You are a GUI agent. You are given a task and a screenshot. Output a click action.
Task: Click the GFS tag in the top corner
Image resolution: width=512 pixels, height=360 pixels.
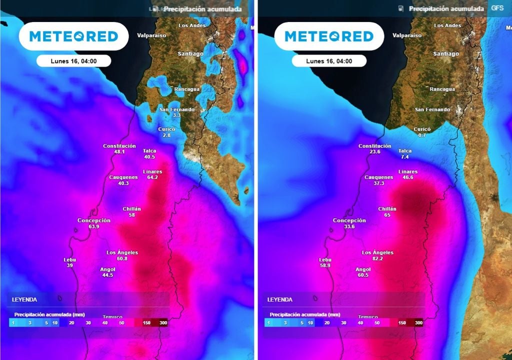click(x=497, y=8)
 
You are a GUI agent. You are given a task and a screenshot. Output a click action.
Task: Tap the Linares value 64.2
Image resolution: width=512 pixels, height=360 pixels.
click(x=152, y=177)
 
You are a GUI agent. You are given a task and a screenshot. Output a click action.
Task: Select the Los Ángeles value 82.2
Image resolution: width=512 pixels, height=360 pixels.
click(x=377, y=258)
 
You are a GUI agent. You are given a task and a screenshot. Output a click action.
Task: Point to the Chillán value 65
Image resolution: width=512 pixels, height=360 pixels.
click(x=387, y=215)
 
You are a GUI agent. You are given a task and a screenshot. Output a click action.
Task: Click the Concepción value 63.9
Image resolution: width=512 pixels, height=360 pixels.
click(x=94, y=226)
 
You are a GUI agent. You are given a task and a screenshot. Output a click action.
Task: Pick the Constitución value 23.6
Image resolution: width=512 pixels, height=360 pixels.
click(x=375, y=152)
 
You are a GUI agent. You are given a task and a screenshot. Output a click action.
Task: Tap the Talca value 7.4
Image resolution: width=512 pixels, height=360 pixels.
click(x=405, y=157)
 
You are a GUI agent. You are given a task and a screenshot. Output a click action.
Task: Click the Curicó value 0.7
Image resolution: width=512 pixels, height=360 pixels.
click(x=422, y=135)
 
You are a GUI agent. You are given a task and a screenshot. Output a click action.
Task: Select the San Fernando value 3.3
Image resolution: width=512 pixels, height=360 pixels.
click(x=176, y=115)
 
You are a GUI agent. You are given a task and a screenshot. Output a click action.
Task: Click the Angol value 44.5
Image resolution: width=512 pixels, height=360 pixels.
click(x=107, y=275)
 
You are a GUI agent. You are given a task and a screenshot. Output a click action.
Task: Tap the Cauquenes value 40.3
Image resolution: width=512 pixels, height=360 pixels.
click(x=123, y=183)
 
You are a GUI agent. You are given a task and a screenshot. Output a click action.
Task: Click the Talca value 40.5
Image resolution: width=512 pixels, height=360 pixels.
click(x=149, y=157)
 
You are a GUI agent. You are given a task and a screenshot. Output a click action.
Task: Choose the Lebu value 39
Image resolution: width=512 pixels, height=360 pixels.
click(x=69, y=265)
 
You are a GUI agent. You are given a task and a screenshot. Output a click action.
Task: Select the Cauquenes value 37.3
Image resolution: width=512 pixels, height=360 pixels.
click(x=378, y=183)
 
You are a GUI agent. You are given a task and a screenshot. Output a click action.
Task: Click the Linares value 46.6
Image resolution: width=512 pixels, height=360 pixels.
click(x=408, y=177)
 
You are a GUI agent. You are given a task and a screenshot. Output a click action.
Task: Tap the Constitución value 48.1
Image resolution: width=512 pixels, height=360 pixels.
click(x=119, y=151)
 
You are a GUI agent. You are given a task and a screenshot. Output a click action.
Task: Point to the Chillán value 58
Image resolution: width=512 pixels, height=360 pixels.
click(x=132, y=215)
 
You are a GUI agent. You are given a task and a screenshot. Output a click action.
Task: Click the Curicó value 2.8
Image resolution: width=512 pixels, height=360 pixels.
click(x=166, y=135)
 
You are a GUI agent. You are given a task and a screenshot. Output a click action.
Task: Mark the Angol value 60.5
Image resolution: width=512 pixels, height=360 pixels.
click(x=363, y=275)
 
